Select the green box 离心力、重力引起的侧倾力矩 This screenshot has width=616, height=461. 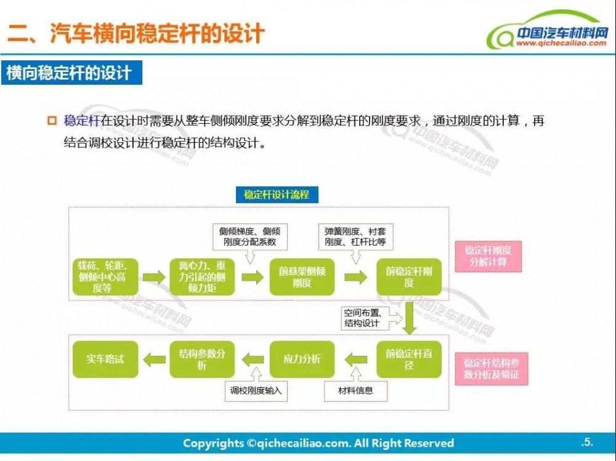click(x=202, y=276)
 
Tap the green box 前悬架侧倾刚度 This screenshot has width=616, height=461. click(x=302, y=276)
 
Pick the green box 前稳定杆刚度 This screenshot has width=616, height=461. click(x=409, y=276)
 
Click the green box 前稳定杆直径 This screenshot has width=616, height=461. click(x=409, y=359)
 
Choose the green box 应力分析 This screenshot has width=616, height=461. click(x=302, y=359)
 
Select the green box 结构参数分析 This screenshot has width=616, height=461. click(x=202, y=359)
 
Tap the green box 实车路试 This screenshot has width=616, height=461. click(x=104, y=359)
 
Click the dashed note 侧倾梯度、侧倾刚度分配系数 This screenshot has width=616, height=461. click(x=249, y=237)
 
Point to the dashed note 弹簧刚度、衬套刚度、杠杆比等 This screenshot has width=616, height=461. click(x=355, y=237)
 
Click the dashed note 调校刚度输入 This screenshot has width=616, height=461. click(x=257, y=390)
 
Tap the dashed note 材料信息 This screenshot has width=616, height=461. click(x=355, y=390)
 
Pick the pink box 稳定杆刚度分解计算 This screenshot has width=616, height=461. click(x=488, y=256)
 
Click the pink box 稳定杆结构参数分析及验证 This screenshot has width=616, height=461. click(x=491, y=369)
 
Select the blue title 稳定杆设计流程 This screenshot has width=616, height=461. click(x=277, y=195)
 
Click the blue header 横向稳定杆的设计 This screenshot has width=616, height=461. click(x=71, y=73)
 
